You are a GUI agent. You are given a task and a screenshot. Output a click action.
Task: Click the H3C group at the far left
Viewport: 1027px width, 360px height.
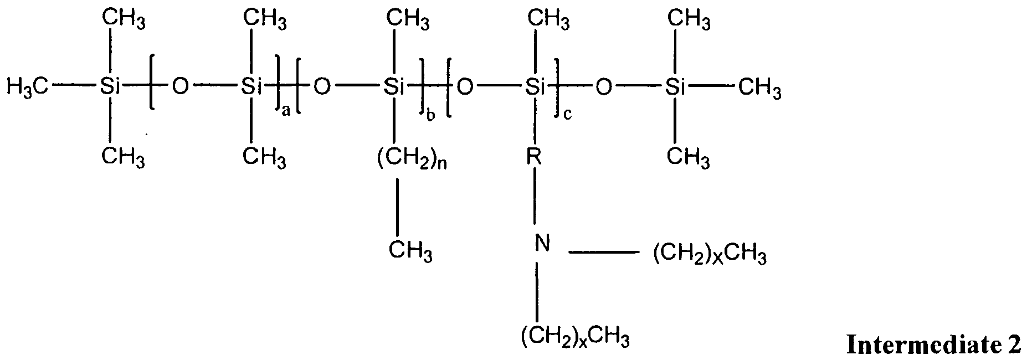(x=28, y=87)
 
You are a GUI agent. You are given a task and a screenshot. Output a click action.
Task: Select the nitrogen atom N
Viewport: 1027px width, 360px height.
(x=543, y=243)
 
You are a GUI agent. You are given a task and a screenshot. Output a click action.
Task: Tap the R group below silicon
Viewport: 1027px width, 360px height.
(x=535, y=157)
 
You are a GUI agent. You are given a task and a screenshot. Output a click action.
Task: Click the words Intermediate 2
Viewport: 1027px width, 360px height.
(x=933, y=345)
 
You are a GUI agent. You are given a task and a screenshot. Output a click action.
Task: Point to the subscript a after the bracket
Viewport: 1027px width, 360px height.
(x=286, y=112)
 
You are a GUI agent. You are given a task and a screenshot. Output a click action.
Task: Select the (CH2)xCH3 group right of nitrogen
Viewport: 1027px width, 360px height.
(x=711, y=257)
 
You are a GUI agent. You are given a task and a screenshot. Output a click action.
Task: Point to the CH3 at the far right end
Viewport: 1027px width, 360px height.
(x=760, y=88)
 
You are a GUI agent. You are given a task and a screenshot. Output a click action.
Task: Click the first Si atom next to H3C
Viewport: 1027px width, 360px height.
(x=111, y=86)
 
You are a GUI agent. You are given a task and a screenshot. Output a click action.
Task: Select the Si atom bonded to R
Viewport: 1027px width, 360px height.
(x=535, y=86)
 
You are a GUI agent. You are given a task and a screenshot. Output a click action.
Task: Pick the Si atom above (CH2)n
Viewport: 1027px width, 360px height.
(x=394, y=86)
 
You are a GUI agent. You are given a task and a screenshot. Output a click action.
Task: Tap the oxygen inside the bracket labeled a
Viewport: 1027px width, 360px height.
(x=181, y=86)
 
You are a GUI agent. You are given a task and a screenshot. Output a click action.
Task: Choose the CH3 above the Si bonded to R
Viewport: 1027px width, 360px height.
(x=548, y=21)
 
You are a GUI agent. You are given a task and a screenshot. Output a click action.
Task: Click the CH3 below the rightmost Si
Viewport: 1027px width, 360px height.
(x=688, y=157)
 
